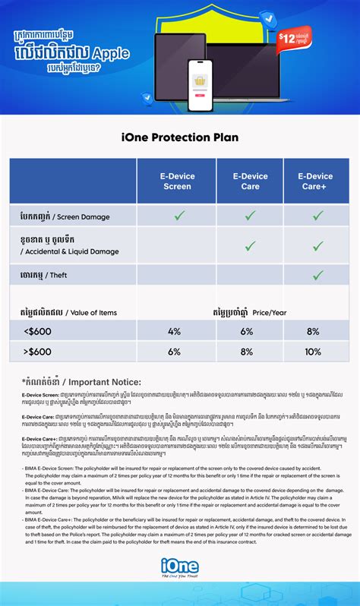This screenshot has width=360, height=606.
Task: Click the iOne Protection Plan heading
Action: [x=180, y=137]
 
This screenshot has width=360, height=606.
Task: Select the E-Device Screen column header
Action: [x=177, y=181]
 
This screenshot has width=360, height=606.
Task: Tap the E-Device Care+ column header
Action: [x=316, y=181]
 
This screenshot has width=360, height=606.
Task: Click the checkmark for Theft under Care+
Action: [x=317, y=275]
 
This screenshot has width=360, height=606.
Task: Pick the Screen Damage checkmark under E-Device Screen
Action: [x=179, y=216]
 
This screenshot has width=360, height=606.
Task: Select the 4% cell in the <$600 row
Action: [x=174, y=332]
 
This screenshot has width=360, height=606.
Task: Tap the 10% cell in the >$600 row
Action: [x=312, y=352]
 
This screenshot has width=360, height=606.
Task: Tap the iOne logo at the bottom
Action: [x=180, y=566]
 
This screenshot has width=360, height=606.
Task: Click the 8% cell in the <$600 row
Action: [x=312, y=332]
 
